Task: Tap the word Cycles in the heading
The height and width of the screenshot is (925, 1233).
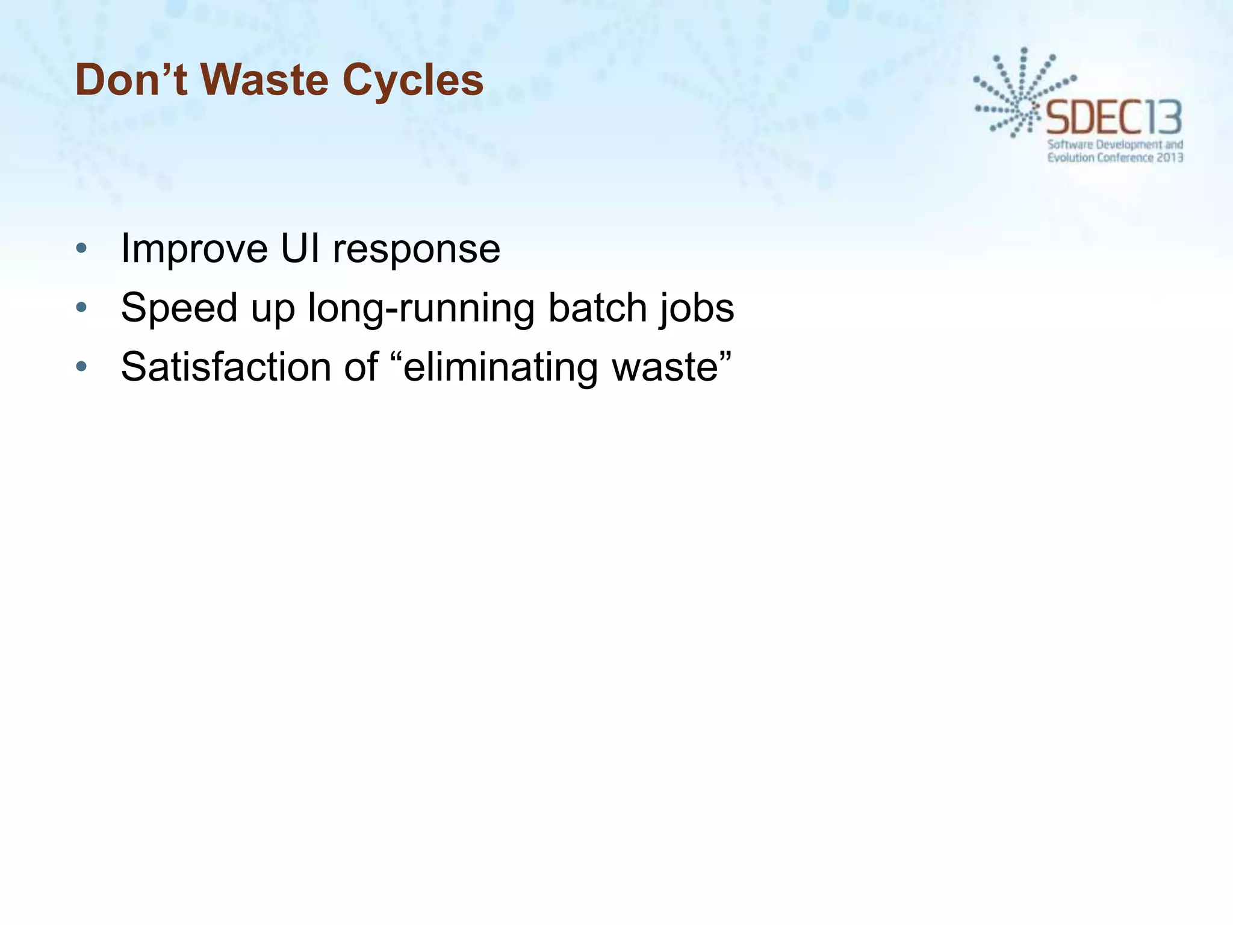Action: point(413,81)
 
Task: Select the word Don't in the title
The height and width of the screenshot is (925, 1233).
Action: point(132,79)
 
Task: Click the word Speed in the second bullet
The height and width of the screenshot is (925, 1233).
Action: point(179,308)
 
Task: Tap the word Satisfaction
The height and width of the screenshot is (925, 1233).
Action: point(226,367)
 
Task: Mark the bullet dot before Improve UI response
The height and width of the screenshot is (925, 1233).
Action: point(82,248)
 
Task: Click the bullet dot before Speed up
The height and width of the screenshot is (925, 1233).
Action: point(82,308)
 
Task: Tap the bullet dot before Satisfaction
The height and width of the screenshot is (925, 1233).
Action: point(82,366)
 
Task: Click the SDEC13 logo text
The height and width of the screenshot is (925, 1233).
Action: point(1114,118)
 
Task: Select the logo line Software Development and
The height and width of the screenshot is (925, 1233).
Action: point(1115,145)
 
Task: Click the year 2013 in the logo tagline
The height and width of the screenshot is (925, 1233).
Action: point(1170,158)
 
